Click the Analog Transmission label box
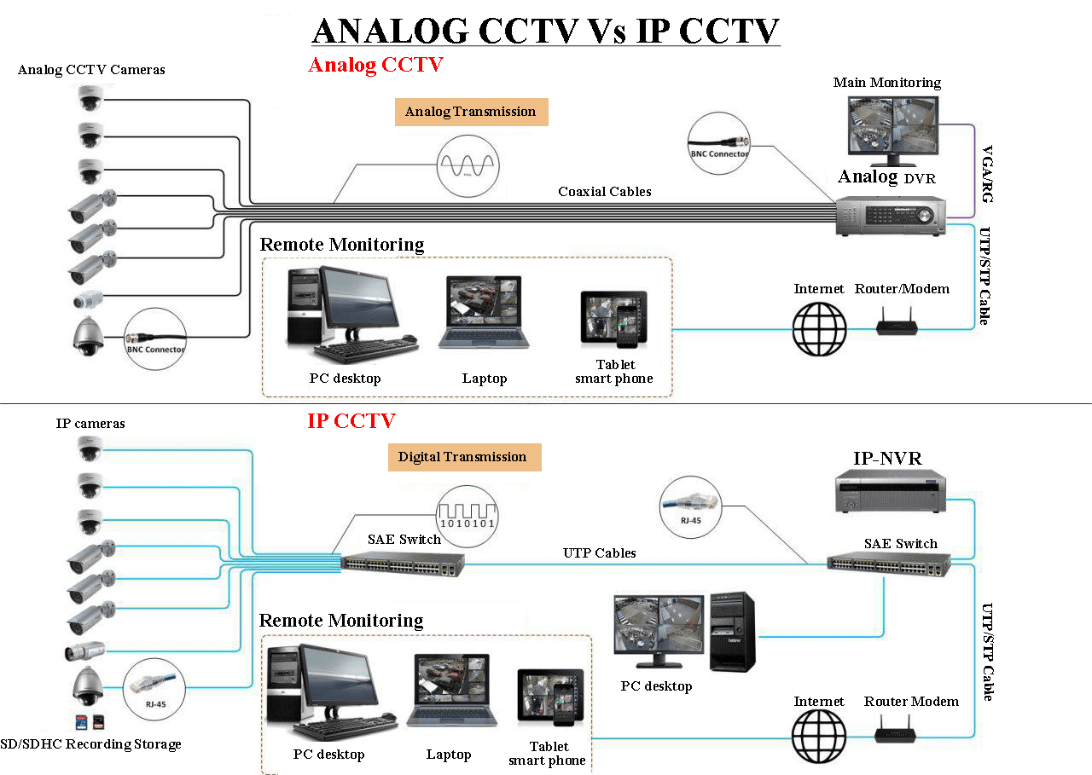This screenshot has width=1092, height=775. (471, 112)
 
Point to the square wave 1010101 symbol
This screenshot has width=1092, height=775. (467, 514)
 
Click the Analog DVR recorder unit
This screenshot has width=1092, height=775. (891, 216)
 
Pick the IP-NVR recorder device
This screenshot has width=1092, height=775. (891, 492)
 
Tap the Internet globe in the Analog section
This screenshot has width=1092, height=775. (819, 328)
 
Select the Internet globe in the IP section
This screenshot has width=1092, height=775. (819, 738)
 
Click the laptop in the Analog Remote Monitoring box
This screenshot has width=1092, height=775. (484, 313)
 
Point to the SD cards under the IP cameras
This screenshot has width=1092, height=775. (90, 721)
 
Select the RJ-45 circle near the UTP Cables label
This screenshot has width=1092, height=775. (690, 506)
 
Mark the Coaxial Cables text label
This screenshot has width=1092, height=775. (605, 192)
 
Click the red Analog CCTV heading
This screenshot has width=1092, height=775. (375, 65)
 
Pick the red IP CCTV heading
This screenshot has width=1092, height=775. (351, 420)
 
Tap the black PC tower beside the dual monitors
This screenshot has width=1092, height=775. (733, 632)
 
